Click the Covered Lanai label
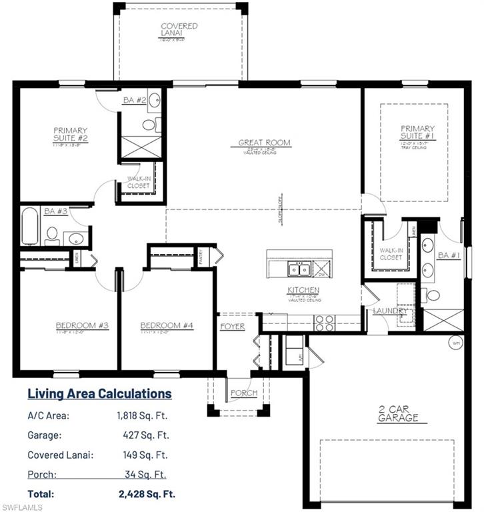(179, 29)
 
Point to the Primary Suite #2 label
(71, 134)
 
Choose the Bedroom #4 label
(167, 325)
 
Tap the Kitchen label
(304, 290)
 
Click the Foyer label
(233, 327)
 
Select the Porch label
(243, 393)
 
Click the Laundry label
(386, 311)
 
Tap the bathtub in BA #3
(30, 227)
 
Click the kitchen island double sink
(298, 269)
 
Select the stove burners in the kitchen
(325, 323)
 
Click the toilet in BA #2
(149, 125)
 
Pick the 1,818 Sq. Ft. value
(142, 416)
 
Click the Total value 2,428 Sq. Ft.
(146, 494)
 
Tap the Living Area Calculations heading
(99, 393)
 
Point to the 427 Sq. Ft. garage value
(145, 435)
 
